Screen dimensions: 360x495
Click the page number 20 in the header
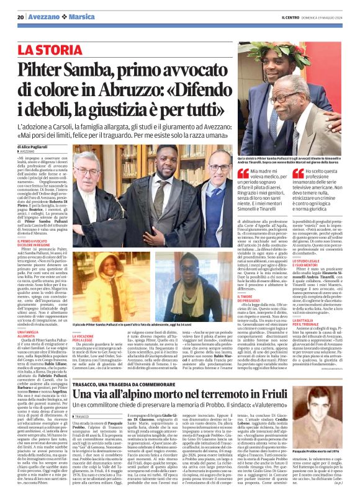point(20,17)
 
